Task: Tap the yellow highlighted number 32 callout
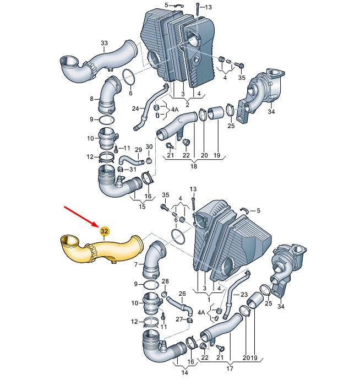[x=104, y=232]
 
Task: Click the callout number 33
[x=104, y=42]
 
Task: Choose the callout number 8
[x=92, y=99]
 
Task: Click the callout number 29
[x=138, y=150]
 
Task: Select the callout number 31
[x=132, y=169]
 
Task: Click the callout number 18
[x=193, y=166]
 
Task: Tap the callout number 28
[x=165, y=282]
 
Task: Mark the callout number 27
[x=178, y=319]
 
